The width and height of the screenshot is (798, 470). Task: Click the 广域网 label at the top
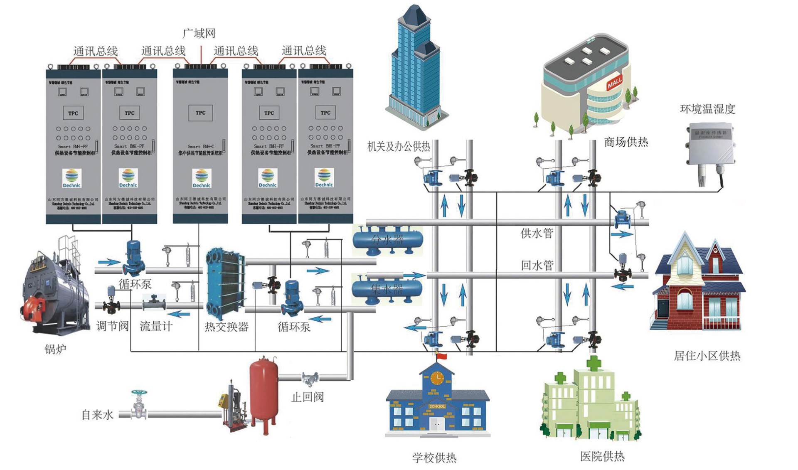click(199, 33)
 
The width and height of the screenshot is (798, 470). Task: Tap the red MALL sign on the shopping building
click(614, 82)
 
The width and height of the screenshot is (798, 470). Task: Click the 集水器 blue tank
click(387, 289)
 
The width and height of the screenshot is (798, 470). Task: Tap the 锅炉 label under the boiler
click(55, 349)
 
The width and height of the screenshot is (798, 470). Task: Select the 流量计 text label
click(156, 326)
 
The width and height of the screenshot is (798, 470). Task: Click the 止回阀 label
click(308, 397)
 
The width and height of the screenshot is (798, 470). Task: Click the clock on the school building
click(437, 378)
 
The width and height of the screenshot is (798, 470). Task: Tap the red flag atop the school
click(442, 356)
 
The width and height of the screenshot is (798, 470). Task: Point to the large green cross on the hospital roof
click(594, 363)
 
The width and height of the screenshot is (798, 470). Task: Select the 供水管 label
click(537, 233)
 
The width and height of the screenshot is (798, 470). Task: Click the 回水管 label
click(537, 265)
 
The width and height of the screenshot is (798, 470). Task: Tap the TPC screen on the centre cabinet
click(200, 113)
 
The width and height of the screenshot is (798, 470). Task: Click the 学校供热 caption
click(434, 458)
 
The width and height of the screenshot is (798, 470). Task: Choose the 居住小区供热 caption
click(707, 356)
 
